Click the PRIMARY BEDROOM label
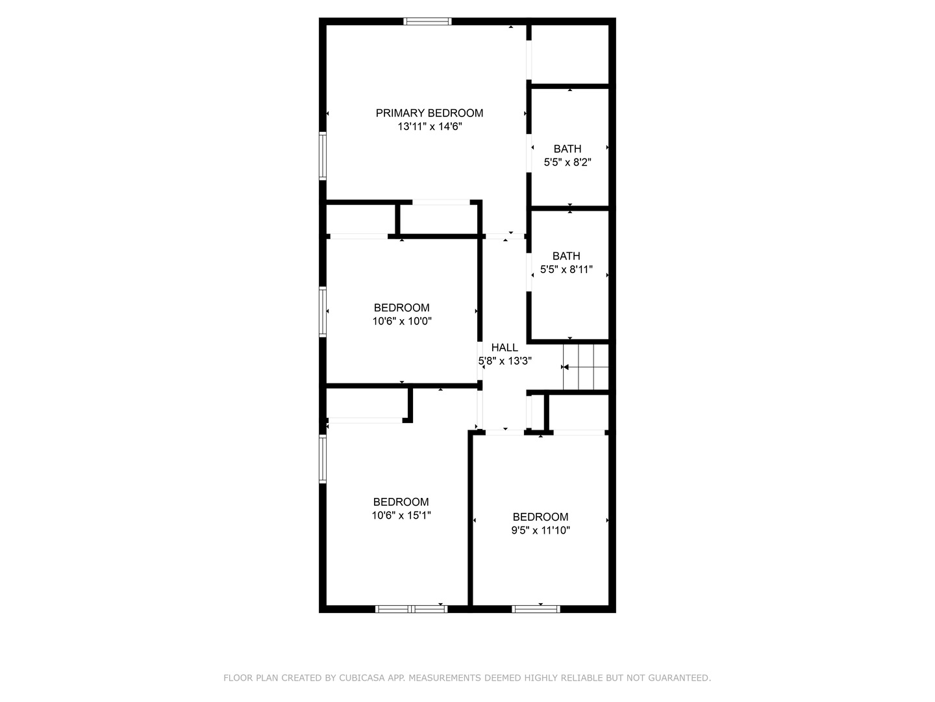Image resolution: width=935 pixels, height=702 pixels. pyautogui.click(x=429, y=113)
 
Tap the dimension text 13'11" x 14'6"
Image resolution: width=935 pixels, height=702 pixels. pyautogui.click(x=430, y=127)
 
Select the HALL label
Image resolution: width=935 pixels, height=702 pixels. pyautogui.click(x=505, y=347)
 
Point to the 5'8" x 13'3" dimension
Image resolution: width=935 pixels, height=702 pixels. pyautogui.click(x=505, y=361)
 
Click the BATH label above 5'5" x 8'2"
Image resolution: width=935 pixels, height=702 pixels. pyautogui.click(x=567, y=149)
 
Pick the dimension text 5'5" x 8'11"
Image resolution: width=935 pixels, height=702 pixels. pyautogui.click(x=567, y=269)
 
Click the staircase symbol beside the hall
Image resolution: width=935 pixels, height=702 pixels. pyautogui.click(x=586, y=367)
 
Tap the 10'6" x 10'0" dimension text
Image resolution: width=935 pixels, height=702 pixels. pyautogui.click(x=402, y=321)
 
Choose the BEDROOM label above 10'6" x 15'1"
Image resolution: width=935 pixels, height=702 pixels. pyautogui.click(x=401, y=502)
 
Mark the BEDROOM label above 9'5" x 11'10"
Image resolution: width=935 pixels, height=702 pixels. pyautogui.click(x=540, y=517)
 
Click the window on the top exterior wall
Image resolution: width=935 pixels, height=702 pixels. pyautogui.click(x=427, y=21)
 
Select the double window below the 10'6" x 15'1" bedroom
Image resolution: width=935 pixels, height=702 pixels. pyautogui.click(x=411, y=609)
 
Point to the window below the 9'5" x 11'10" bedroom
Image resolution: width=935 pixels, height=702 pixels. pyautogui.click(x=536, y=609)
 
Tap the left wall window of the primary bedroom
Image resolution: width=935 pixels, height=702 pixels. pyautogui.click(x=323, y=156)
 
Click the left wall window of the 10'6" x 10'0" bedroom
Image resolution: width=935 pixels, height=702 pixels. pyautogui.click(x=323, y=313)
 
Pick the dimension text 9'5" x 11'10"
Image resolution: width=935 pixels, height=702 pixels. pyautogui.click(x=541, y=530)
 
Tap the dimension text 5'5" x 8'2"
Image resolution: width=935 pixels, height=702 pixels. pyautogui.click(x=567, y=162)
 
